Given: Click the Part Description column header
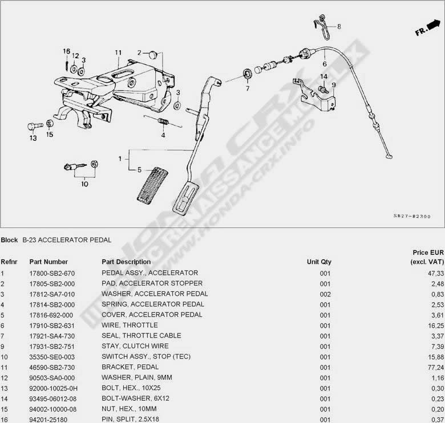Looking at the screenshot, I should pos(126,262).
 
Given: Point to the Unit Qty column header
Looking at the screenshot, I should pos(319,262).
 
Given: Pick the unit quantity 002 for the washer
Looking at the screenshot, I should pos(325,294).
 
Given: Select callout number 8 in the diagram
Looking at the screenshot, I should pos(338,27).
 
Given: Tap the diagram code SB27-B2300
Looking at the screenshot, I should pos(411,217).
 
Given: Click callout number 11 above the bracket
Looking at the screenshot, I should pos(118,53).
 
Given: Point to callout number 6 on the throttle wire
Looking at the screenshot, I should pos(324,64).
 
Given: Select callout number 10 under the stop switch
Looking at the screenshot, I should pos(84,184).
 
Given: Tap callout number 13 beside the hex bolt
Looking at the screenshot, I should pos(33,138).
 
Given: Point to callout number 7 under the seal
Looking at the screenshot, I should pos(248,88).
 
